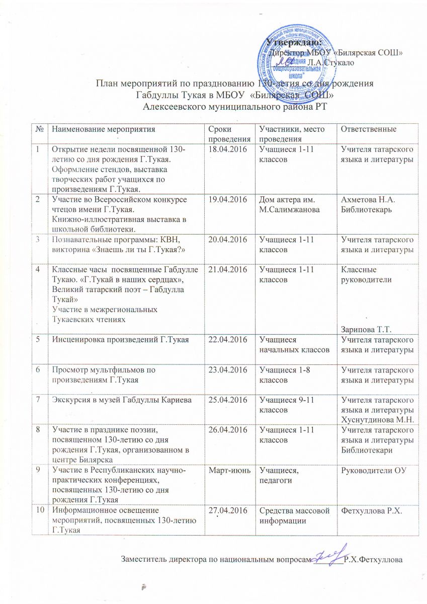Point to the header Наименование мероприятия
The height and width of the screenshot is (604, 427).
click(100, 129)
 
